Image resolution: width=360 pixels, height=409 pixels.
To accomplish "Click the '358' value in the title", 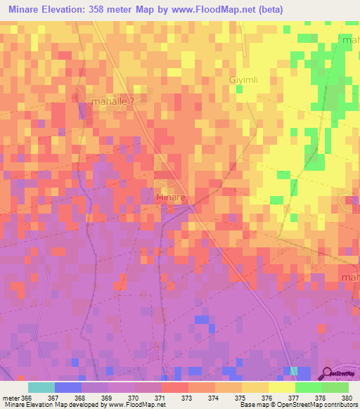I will (108, 9).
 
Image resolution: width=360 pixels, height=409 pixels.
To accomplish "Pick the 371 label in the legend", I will (160, 397).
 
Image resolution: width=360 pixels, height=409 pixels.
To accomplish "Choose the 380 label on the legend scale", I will (347, 397).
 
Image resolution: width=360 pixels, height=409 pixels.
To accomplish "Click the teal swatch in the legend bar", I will (41, 387).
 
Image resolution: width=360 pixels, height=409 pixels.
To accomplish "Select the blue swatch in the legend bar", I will (68, 387).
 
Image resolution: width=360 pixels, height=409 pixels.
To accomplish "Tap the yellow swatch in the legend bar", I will (281, 387).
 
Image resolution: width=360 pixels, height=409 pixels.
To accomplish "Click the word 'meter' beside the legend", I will (11, 397).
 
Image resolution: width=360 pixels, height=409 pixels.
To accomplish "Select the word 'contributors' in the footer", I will (337, 405).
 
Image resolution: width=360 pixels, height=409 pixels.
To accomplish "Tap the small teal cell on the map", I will (293, 370).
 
